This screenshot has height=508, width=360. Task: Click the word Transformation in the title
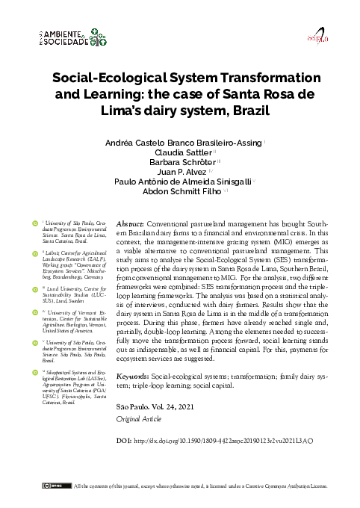coord(267,78)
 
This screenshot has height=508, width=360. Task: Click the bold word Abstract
coord(131,223)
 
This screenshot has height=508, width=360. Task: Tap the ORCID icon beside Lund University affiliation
coord(34,285)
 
